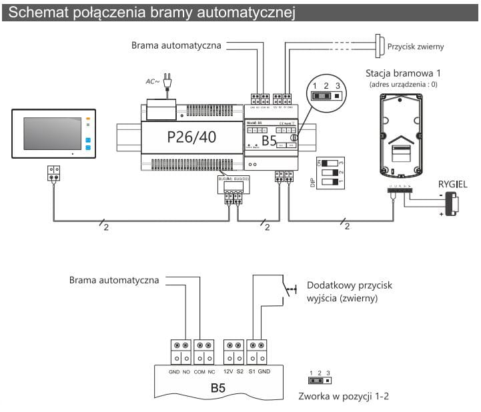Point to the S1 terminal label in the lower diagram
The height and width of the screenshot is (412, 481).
pos(252,371)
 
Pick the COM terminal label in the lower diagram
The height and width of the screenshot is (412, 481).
pos(199,371)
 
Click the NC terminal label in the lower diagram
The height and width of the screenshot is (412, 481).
pos(211,371)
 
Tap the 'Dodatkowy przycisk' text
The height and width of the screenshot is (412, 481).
pos(349,285)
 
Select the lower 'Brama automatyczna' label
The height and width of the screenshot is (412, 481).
pos(114,280)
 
